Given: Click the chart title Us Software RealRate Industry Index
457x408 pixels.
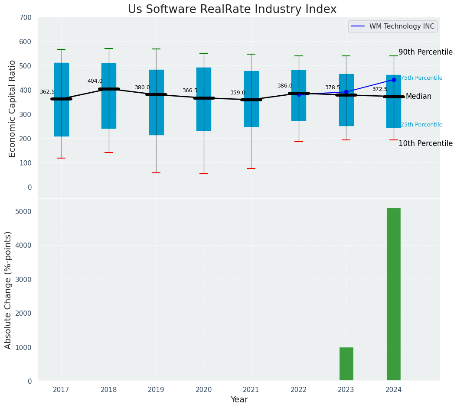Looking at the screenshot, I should click(x=232, y=10).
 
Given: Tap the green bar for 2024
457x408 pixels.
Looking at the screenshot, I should click(x=393, y=294).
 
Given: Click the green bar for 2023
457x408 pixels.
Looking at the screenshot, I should click(x=346, y=364).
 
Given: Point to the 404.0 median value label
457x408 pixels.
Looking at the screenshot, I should click(x=95, y=81).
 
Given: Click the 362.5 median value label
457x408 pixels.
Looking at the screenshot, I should click(x=47, y=92).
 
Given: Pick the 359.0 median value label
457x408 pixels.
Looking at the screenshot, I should click(x=238, y=93).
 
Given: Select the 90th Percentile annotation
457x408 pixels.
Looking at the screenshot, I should click(x=425, y=52).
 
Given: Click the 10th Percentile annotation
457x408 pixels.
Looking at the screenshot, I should click(x=425, y=143).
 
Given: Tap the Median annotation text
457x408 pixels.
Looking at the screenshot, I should click(x=418, y=96).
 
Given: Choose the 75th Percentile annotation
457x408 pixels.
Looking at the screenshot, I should click(x=421, y=78).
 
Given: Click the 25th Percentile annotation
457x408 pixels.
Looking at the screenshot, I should click(x=421, y=125).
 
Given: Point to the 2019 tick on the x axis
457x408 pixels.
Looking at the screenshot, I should click(x=156, y=390).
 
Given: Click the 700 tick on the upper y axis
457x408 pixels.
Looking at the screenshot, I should click(x=26, y=17).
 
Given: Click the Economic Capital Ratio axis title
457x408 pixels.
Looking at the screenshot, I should click(x=12, y=108).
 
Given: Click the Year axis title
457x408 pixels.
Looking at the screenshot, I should click(x=239, y=400).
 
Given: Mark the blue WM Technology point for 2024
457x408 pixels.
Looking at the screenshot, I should click(x=394, y=80).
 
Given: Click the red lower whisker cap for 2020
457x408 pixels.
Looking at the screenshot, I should click(x=204, y=174).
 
